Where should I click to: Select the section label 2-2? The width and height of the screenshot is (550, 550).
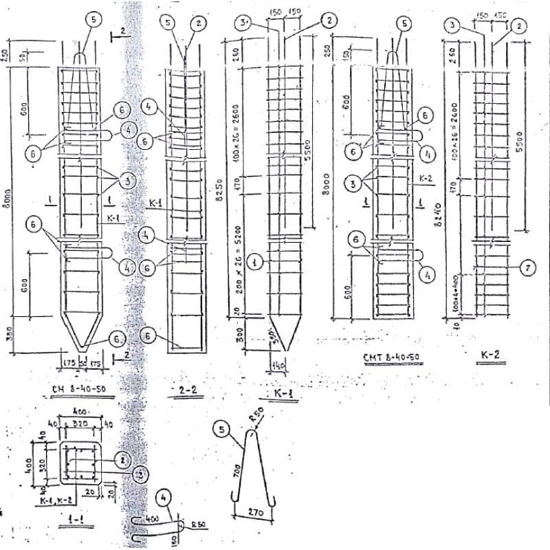pyautogui.click(x=184, y=390)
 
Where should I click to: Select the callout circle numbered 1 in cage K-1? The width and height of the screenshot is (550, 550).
pyautogui.click(x=254, y=261)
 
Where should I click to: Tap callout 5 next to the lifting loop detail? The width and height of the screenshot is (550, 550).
pyautogui.click(x=222, y=430)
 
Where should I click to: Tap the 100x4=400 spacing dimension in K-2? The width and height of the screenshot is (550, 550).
pyautogui.click(x=455, y=293)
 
